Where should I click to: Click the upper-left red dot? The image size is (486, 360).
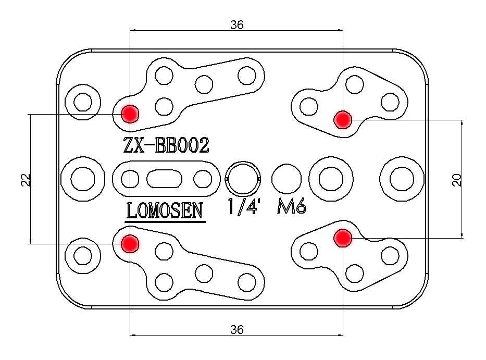pyautogui.click(x=129, y=113)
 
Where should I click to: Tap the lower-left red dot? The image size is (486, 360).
pyautogui.click(x=129, y=243)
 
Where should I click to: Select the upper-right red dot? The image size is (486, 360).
pyautogui.click(x=342, y=119)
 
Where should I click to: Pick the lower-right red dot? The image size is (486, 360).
pyautogui.click(x=342, y=238)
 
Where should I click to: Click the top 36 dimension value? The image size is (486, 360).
pyautogui.click(x=236, y=24)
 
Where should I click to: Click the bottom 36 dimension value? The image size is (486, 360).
pyautogui.click(x=236, y=329)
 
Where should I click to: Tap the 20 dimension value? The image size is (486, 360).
pyautogui.click(x=457, y=180)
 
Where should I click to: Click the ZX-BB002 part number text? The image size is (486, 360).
pyautogui.click(x=166, y=145)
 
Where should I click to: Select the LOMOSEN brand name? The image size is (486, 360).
pyautogui.click(x=165, y=210)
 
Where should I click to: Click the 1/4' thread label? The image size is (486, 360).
pyautogui.click(x=244, y=207)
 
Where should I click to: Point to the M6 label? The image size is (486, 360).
pyautogui.click(x=291, y=207)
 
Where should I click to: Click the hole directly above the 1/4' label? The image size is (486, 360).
pyautogui.click(x=243, y=179)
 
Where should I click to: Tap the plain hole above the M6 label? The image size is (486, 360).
pyautogui.click(x=286, y=179)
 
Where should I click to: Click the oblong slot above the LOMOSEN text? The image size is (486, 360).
pyautogui.click(x=165, y=179)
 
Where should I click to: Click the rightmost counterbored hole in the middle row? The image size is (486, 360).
pyautogui.click(x=402, y=179)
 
